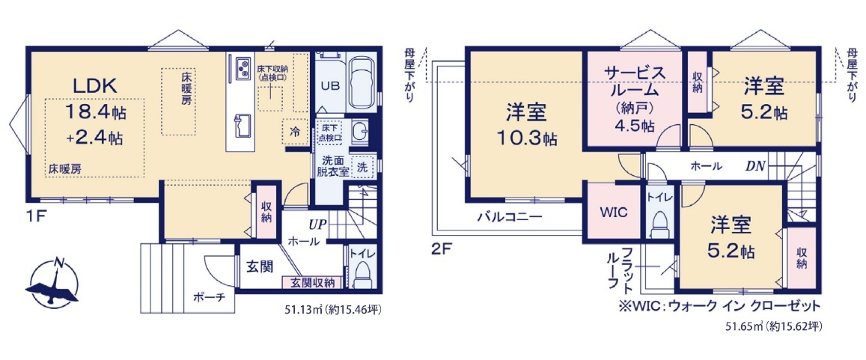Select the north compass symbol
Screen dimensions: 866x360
click(54, 283)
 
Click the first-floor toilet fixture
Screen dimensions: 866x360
click(362, 274)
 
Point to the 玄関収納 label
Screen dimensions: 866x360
click(313, 283)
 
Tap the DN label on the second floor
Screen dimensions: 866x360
click(756, 165)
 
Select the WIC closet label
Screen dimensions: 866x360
click(614, 213)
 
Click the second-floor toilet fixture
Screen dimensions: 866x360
click(659, 226)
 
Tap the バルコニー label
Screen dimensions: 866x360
click(510, 217)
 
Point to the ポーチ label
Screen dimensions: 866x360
click(210, 297)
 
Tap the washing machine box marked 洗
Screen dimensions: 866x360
click(362, 165)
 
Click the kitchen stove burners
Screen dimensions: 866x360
click(243, 67)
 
